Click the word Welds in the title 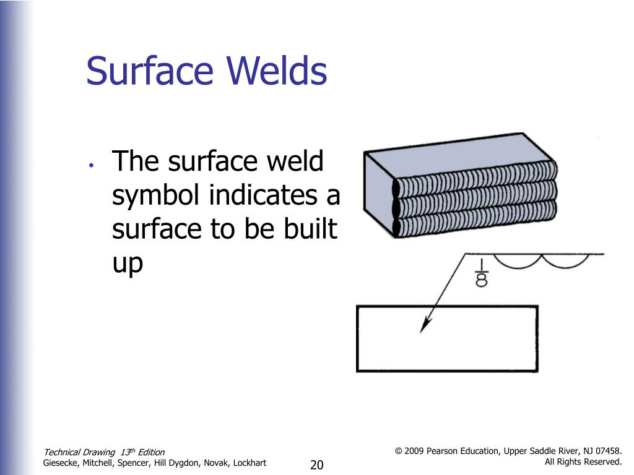[x=277, y=71]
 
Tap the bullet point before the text [x=91, y=165]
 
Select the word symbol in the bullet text [x=157, y=197]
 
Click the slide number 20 [x=317, y=465]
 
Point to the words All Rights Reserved [x=583, y=462]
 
